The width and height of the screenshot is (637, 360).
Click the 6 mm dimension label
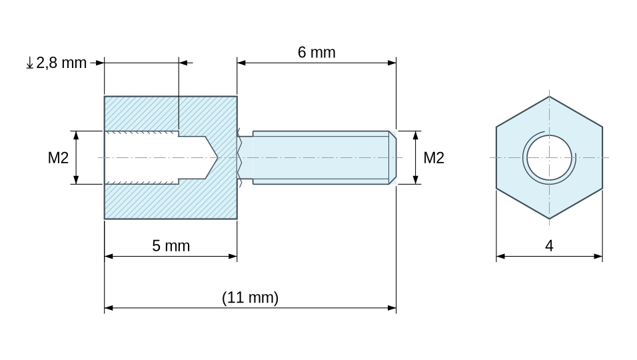click(x=317, y=53)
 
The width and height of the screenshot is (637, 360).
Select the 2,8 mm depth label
click(x=61, y=63)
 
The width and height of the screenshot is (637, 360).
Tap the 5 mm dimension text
click(x=171, y=246)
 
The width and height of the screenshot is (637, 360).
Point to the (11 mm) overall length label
click(x=251, y=297)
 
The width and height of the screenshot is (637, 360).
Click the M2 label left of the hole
click(x=58, y=157)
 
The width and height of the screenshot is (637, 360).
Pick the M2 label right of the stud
click(x=434, y=157)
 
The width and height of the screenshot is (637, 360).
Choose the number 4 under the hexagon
click(x=549, y=246)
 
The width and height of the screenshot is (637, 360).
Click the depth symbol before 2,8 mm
click(x=30, y=63)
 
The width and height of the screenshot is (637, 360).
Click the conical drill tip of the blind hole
click(x=211, y=157)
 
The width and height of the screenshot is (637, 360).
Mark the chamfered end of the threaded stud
click(x=392, y=157)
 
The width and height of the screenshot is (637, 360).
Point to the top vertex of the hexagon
click(x=549, y=96)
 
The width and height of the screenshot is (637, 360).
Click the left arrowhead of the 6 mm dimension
click(x=241, y=63)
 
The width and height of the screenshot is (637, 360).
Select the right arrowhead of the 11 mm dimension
click(x=392, y=308)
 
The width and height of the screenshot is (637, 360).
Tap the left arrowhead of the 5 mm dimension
click(x=109, y=257)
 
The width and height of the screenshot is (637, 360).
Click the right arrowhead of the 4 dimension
click(x=598, y=257)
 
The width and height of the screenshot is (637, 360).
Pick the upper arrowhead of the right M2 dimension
click(x=415, y=135)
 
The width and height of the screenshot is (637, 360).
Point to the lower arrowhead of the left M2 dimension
click(x=76, y=180)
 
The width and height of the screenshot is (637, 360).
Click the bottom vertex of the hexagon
click(x=549, y=219)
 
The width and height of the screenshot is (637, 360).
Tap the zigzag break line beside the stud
click(x=240, y=157)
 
